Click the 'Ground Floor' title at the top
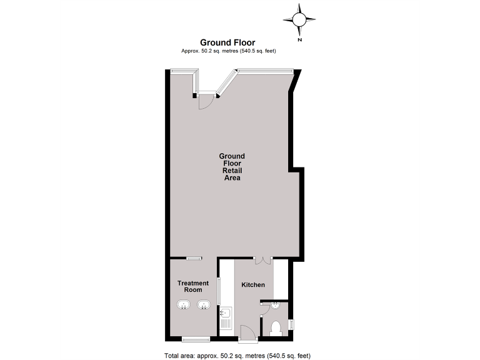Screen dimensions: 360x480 click(x=227, y=42)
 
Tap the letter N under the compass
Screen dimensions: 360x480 click(x=300, y=40)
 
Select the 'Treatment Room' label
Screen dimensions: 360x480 click(x=192, y=287)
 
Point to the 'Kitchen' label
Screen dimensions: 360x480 click(x=253, y=285)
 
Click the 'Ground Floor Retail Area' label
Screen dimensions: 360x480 click(x=232, y=167)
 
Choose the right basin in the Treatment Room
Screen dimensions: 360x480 click(x=203, y=306)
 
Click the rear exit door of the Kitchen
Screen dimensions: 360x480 click(x=245, y=332)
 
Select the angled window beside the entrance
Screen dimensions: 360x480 click(x=225, y=84)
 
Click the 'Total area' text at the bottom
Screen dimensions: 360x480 click(x=237, y=355)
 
